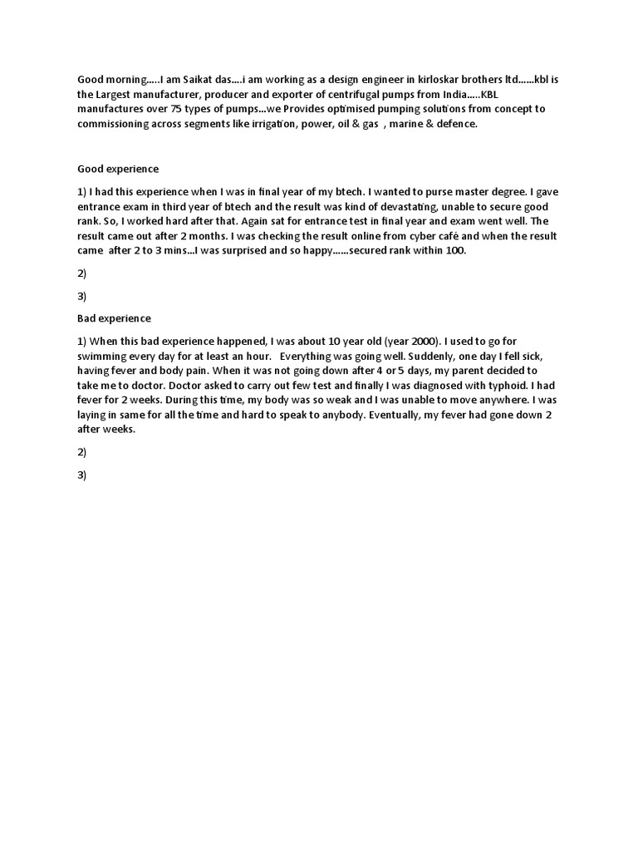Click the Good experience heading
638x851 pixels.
[x=117, y=169]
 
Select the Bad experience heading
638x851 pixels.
[x=114, y=317]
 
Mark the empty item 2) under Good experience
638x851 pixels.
[x=82, y=272]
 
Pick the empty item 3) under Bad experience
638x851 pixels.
[x=82, y=475]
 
